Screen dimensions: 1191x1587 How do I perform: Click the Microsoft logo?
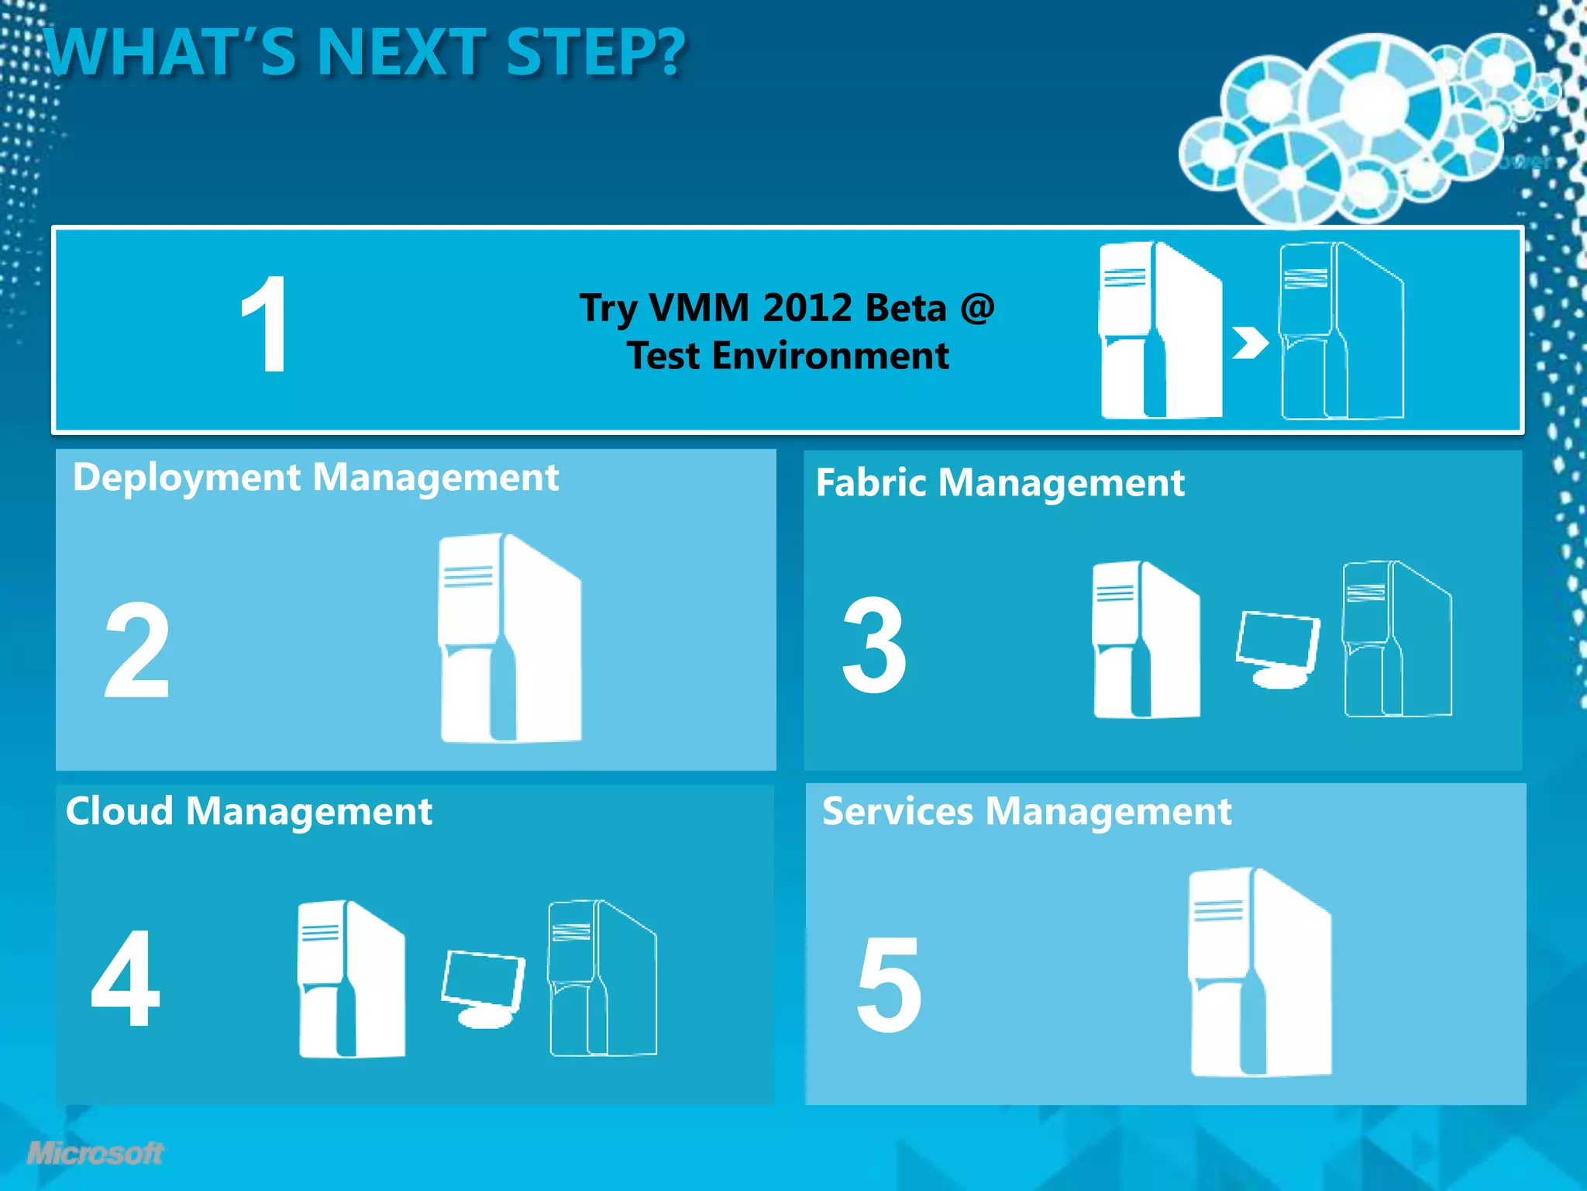click(x=95, y=1153)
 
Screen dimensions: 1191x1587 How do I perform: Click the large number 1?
click(x=265, y=326)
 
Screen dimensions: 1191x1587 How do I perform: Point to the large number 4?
click(x=126, y=979)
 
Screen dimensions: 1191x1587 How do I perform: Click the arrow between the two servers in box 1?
click(x=1249, y=343)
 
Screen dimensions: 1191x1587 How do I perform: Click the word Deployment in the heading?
click(x=187, y=478)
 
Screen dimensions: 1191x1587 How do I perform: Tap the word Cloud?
click(x=119, y=812)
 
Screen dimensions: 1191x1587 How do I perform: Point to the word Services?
click(x=897, y=812)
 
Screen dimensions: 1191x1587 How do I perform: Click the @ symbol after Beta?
click(x=977, y=308)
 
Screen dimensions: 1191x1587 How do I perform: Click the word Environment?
click(x=830, y=356)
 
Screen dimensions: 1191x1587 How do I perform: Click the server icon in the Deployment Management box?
click(x=510, y=637)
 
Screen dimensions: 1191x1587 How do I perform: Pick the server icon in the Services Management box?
click(x=1260, y=972)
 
